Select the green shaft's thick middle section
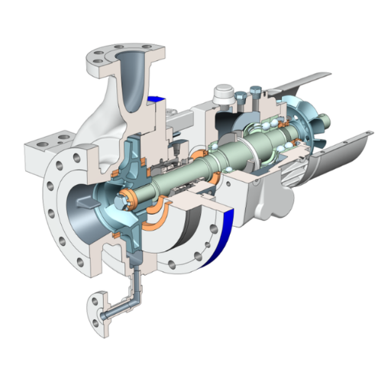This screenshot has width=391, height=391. (229, 152)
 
